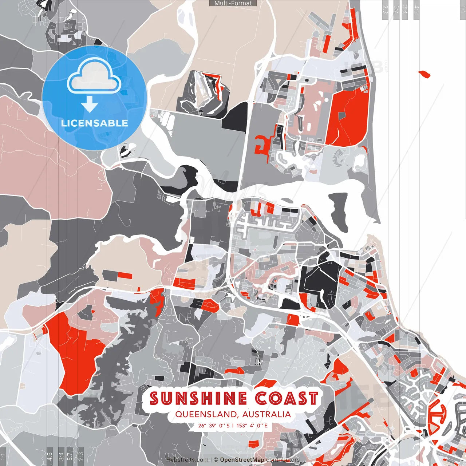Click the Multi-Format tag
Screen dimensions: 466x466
pos(233,3)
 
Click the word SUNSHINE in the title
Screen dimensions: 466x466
pos(198,398)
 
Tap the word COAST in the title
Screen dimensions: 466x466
pos(286,398)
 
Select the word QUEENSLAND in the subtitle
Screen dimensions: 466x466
pos(205,414)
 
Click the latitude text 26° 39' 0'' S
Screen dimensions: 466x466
pos(214,425)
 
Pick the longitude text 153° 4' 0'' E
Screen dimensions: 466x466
pos(252,425)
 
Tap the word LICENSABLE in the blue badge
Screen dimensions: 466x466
pos(94,123)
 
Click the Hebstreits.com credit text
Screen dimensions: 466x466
pos(187,460)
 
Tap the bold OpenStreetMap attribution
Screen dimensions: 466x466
pos(242,460)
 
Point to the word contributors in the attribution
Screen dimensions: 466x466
pos(283,460)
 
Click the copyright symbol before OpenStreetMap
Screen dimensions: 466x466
pos(216,460)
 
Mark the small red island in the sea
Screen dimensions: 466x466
pos(424,74)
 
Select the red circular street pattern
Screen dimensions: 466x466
pos(438,415)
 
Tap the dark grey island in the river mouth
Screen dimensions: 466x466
pos(339,211)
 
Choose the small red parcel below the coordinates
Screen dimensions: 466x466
pos(253,443)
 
